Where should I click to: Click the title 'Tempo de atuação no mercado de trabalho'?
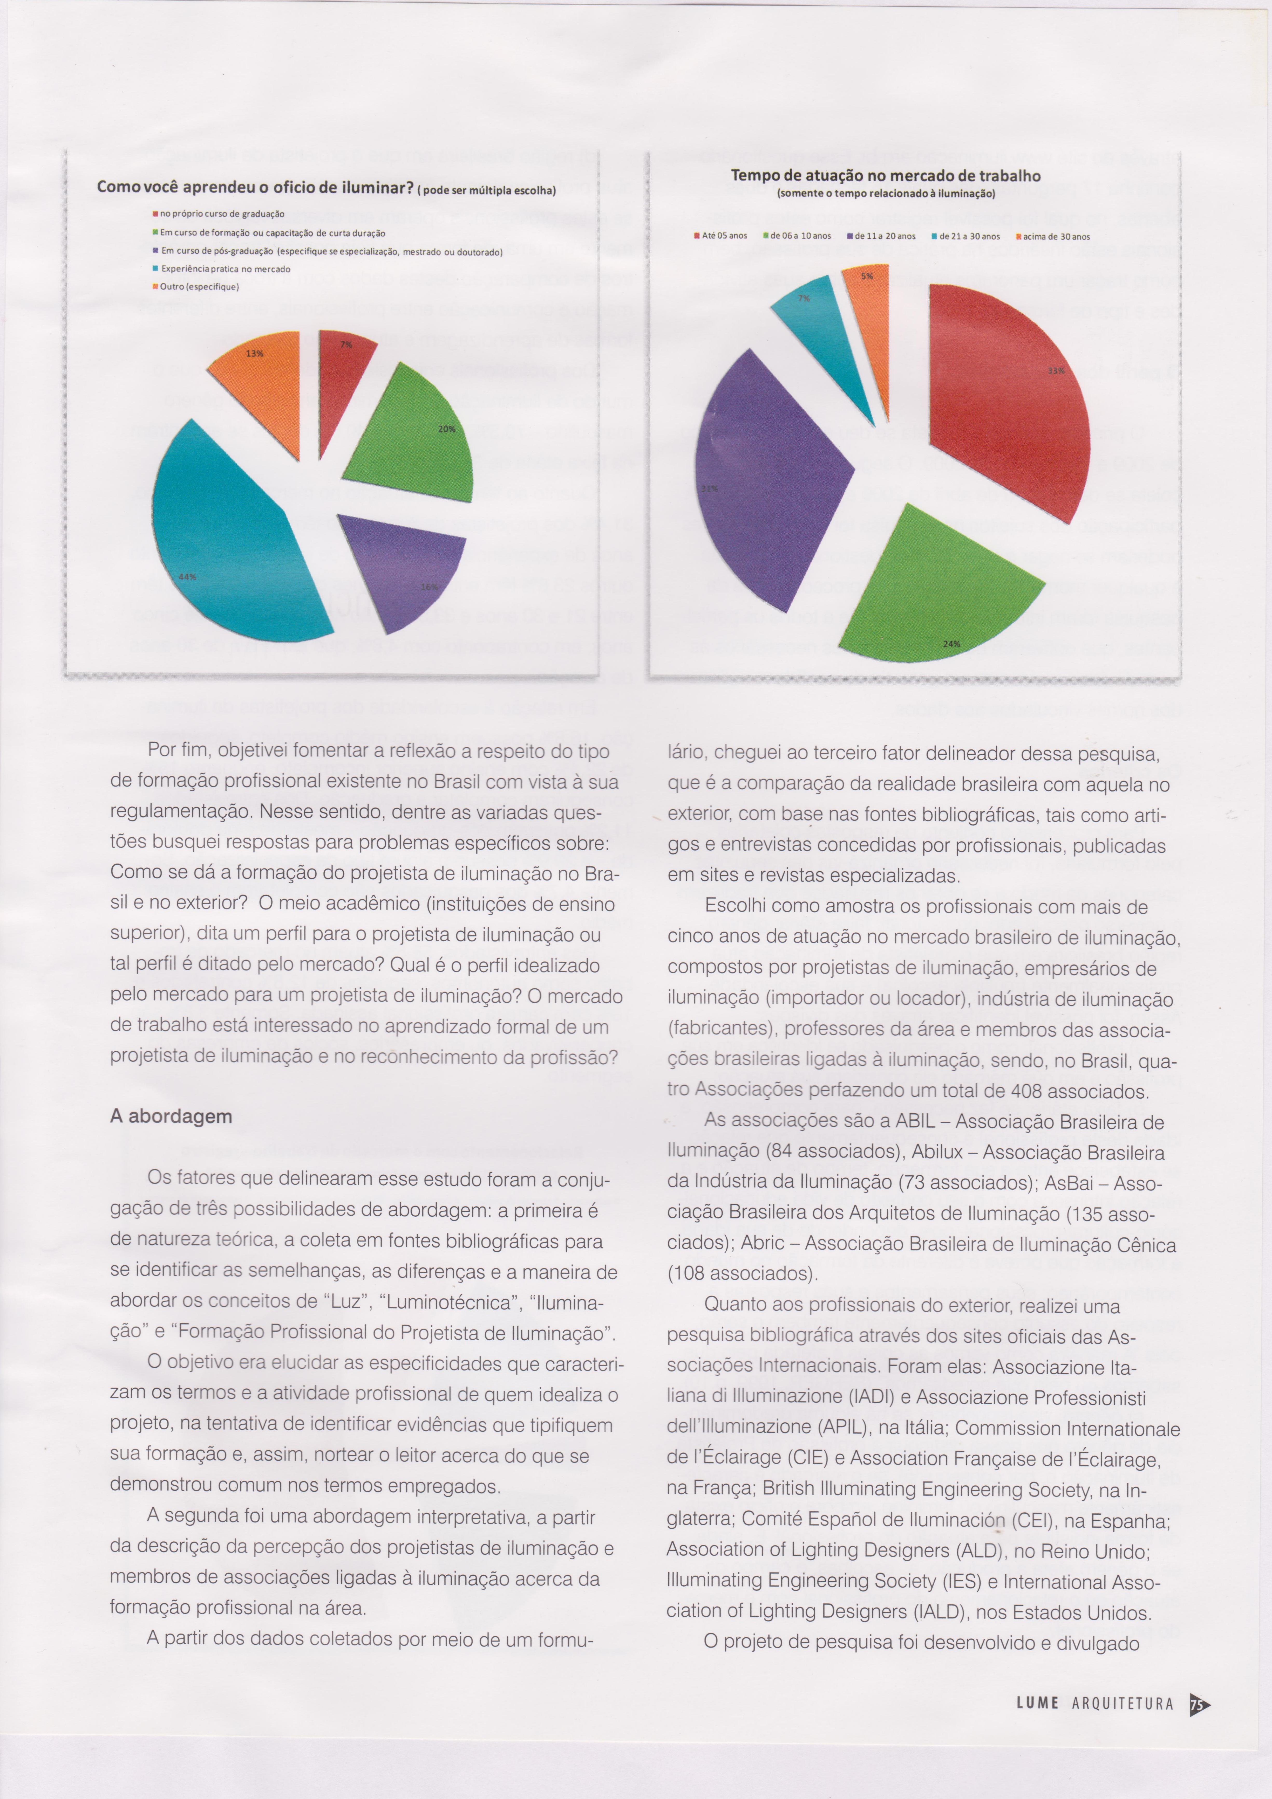pyautogui.click(x=886, y=176)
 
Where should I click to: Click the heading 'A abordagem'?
pyautogui.click(x=171, y=1116)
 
